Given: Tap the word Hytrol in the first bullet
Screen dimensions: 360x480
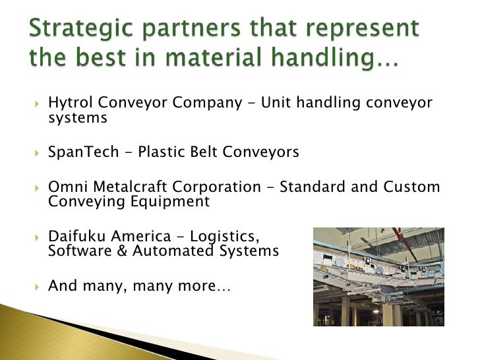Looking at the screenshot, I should point(69,103).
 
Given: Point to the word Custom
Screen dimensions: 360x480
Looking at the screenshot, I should point(411,187).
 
